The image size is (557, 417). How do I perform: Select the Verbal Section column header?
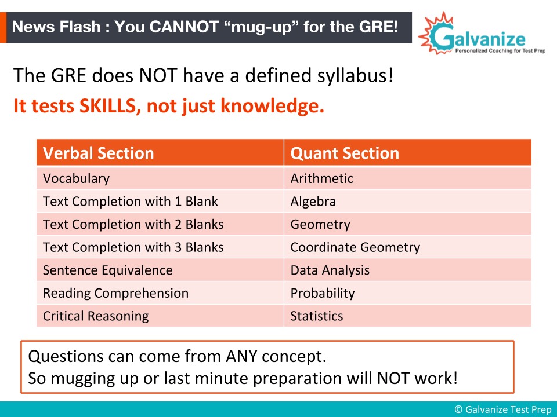pos(160,152)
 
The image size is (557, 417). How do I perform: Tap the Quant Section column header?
pos(408,152)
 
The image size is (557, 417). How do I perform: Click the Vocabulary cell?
pos(160,178)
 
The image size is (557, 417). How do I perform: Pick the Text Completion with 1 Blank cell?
pos(160,201)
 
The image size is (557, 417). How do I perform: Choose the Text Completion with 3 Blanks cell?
pos(160,247)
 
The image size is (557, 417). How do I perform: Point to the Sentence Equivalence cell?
pos(160,270)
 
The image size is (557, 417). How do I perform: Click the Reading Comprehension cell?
pos(160,293)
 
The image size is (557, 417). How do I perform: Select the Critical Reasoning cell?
pos(160,316)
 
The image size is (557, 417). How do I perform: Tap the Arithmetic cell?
pos(408,178)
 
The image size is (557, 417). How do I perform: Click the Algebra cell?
pos(408,201)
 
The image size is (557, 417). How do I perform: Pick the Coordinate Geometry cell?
pos(408,247)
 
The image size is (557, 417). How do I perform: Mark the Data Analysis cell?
pos(408,270)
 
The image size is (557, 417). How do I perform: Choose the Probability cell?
pos(408,293)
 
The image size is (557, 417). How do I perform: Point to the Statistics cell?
pos(408,316)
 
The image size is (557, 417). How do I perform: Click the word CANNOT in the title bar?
pos(184,27)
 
